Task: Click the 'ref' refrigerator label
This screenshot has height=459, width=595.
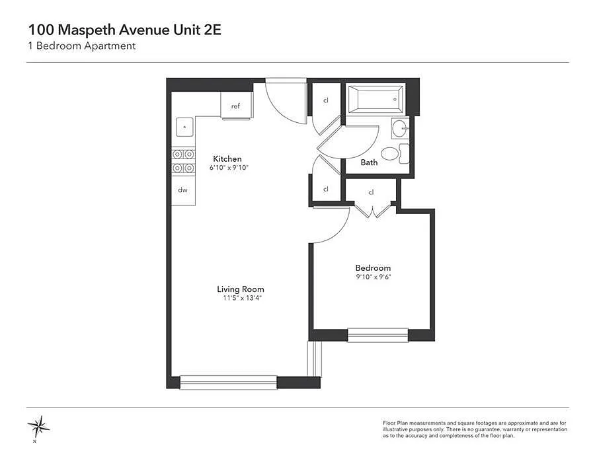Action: click(235, 106)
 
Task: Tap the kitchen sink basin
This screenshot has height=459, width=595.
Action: click(185, 127)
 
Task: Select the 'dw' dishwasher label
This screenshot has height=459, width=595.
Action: click(182, 190)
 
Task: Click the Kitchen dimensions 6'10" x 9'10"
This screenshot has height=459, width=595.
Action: click(229, 168)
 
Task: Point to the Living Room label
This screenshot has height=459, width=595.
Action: click(241, 289)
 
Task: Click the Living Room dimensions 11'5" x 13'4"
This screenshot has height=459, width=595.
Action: click(242, 298)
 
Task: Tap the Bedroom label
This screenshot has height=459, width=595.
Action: click(373, 268)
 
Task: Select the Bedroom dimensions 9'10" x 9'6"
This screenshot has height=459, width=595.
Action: click(374, 277)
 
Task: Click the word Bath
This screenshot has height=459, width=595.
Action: click(369, 162)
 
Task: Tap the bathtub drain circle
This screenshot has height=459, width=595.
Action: click(395, 99)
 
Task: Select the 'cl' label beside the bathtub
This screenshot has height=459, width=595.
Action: click(325, 100)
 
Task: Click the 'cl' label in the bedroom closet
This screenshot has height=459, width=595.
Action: click(371, 192)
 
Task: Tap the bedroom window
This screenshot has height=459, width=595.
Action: click(378, 335)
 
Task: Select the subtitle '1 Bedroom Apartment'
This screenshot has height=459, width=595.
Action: click(82, 46)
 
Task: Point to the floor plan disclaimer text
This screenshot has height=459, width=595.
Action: click(475, 429)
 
